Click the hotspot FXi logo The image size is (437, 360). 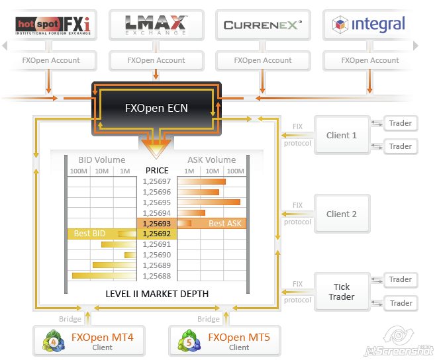tap(53, 26)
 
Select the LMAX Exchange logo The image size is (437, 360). tap(156, 25)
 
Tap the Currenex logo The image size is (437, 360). tap(263, 25)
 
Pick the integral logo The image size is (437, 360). tap(368, 24)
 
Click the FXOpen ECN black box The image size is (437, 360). tap(156, 109)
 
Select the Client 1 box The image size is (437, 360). tap(342, 136)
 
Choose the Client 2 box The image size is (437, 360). tap(342, 214)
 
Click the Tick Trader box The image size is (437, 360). tap(342, 292)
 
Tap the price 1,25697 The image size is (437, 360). tap(157, 181)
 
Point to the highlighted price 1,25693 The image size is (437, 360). tap(157, 224)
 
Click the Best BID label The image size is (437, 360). tap(89, 234)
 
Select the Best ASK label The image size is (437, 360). tap(225, 224)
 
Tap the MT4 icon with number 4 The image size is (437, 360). tap(54, 341)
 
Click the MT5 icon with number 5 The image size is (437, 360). tap(189, 341)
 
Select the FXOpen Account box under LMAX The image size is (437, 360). tap(156, 60)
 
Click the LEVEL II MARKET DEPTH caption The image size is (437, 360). tap(157, 294)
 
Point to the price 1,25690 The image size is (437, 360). tap(157, 255)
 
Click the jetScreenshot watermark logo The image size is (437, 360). tap(399, 341)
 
